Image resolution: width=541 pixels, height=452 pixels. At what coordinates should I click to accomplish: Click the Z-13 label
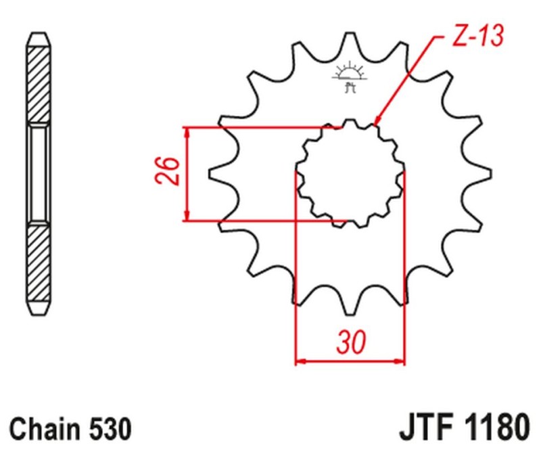pyautogui.click(x=477, y=37)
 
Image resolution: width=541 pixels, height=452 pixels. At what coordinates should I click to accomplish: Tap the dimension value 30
pyautogui.click(x=350, y=343)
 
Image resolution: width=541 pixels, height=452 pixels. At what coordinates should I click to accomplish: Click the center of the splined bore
pyautogui.click(x=350, y=173)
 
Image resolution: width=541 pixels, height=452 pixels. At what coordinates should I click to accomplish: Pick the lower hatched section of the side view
pyautogui.click(x=39, y=267)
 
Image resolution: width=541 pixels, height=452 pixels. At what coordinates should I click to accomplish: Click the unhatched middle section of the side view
pyautogui.click(x=39, y=173)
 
